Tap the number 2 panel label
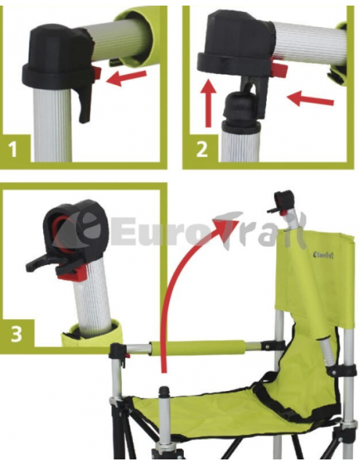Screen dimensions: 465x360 202,150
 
